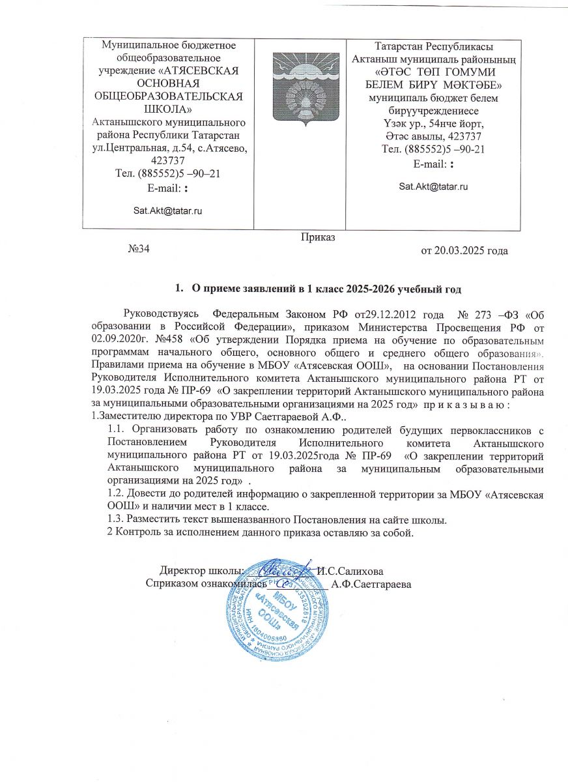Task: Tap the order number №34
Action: (139, 248)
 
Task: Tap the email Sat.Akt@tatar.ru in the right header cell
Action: (434, 186)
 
